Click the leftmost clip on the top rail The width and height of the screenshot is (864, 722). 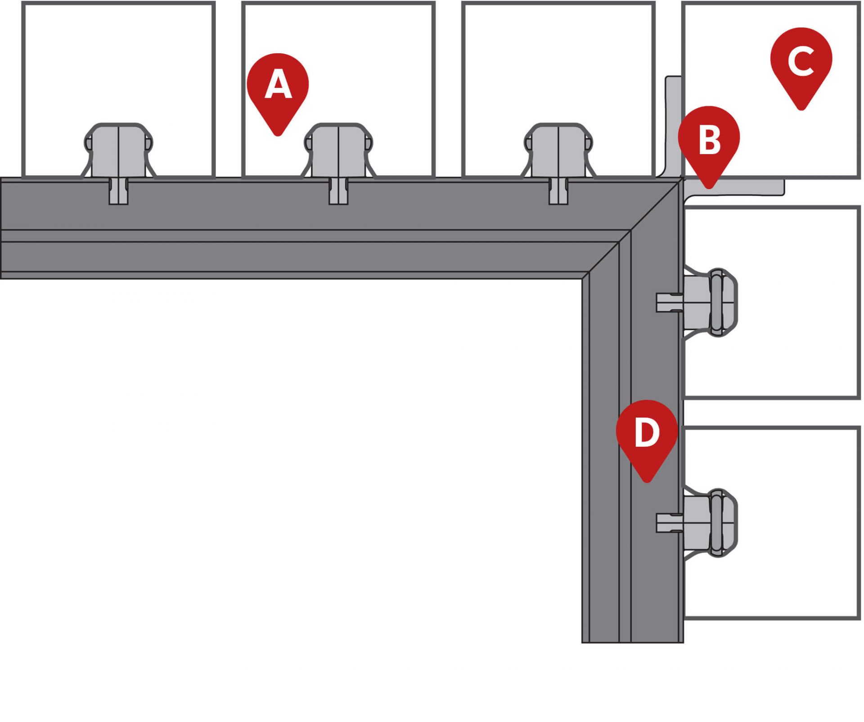(x=118, y=151)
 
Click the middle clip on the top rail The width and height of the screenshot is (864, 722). (x=338, y=151)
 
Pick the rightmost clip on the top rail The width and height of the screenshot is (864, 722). (x=558, y=151)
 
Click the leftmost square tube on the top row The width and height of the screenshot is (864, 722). (x=118, y=68)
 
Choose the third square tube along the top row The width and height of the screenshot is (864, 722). (x=558, y=68)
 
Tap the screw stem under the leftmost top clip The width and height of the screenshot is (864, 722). (x=119, y=191)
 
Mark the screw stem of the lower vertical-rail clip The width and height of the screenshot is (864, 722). (x=668, y=522)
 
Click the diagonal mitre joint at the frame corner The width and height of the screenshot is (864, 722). (x=630, y=230)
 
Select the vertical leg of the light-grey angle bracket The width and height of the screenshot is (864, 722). (x=673, y=126)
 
